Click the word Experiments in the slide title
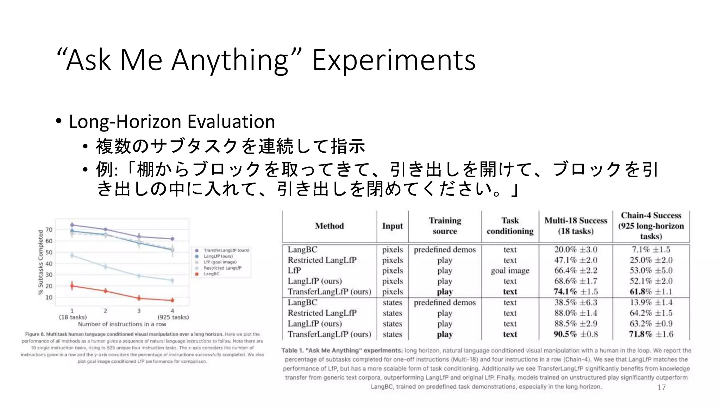click(394, 60)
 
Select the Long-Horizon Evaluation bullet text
click(172, 122)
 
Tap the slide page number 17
click(661, 388)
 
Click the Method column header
click(329, 226)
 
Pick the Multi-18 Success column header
click(576, 226)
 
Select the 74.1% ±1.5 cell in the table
click(576, 292)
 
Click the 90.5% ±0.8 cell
click(576, 334)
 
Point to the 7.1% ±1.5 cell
click(651, 250)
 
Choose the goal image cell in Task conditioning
click(510, 271)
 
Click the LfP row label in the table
click(294, 271)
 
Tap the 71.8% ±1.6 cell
click(651, 334)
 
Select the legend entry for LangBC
click(211, 274)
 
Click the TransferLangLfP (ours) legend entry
click(226, 250)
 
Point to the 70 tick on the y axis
click(49, 230)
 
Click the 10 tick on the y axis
click(49, 297)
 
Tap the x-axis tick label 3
click(139, 311)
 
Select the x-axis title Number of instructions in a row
click(122, 324)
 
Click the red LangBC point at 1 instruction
click(72, 286)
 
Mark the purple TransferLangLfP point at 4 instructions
click(172, 239)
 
